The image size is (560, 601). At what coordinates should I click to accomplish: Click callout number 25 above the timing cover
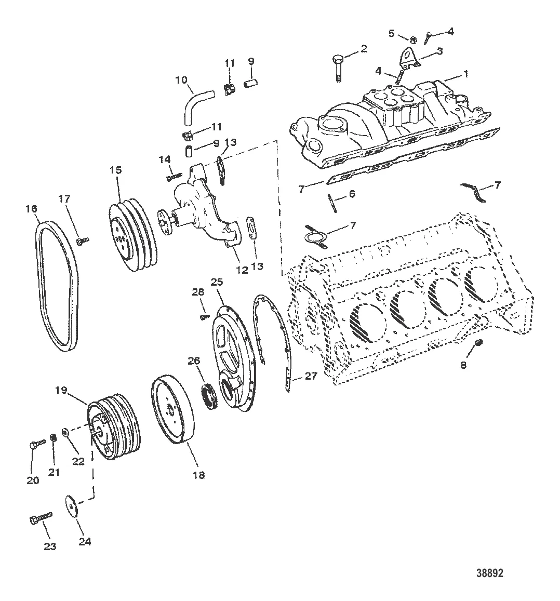pos(216,282)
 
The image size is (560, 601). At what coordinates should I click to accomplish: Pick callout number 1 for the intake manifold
pos(465,74)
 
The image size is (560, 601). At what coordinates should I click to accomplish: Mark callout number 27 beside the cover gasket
pos(310,377)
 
